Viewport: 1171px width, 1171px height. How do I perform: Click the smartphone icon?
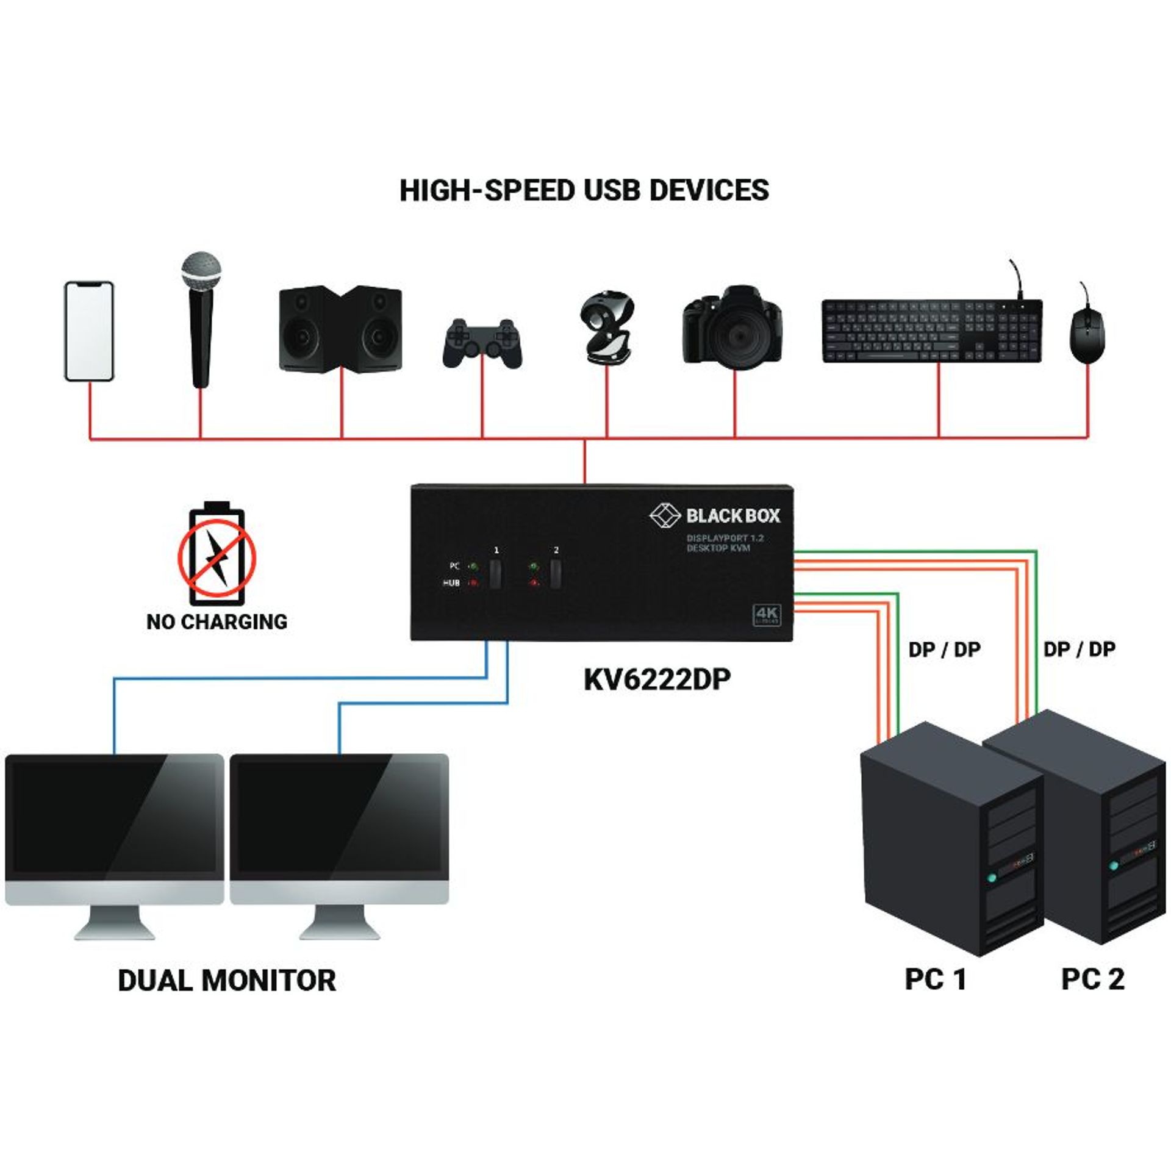tap(89, 331)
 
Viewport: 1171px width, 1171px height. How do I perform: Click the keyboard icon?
tap(931, 331)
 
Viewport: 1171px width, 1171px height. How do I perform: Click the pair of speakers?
tap(340, 329)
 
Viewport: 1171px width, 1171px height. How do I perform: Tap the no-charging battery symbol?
tap(217, 556)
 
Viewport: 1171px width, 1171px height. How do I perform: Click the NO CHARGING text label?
tap(217, 622)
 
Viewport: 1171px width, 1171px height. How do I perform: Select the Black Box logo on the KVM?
tap(715, 515)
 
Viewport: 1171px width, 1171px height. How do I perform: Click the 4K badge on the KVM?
tap(767, 615)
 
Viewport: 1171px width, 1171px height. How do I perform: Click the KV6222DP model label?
tap(657, 680)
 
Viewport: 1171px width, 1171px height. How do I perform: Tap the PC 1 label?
tap(936, 979)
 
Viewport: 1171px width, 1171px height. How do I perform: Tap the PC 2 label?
tap(1092, 979)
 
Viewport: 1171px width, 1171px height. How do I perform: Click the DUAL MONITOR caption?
tap(227, 981)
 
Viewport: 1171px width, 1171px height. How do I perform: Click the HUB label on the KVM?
tap(451, 584)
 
